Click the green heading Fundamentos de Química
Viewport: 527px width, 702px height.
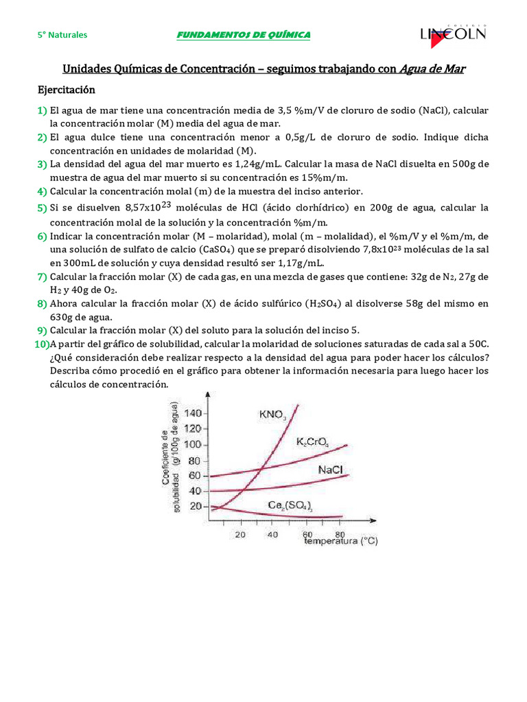tap(244, 35)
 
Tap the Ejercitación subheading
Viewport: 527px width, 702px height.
tap(66, 90)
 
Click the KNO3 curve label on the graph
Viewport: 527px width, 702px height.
tap(272, 414)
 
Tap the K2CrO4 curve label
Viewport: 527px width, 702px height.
tap(313, 443)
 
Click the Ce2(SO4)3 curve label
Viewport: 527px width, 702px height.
tap(290, 507)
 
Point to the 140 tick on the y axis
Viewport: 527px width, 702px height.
tap(194, 413)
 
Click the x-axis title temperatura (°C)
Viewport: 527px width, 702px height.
tap(341, 542)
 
